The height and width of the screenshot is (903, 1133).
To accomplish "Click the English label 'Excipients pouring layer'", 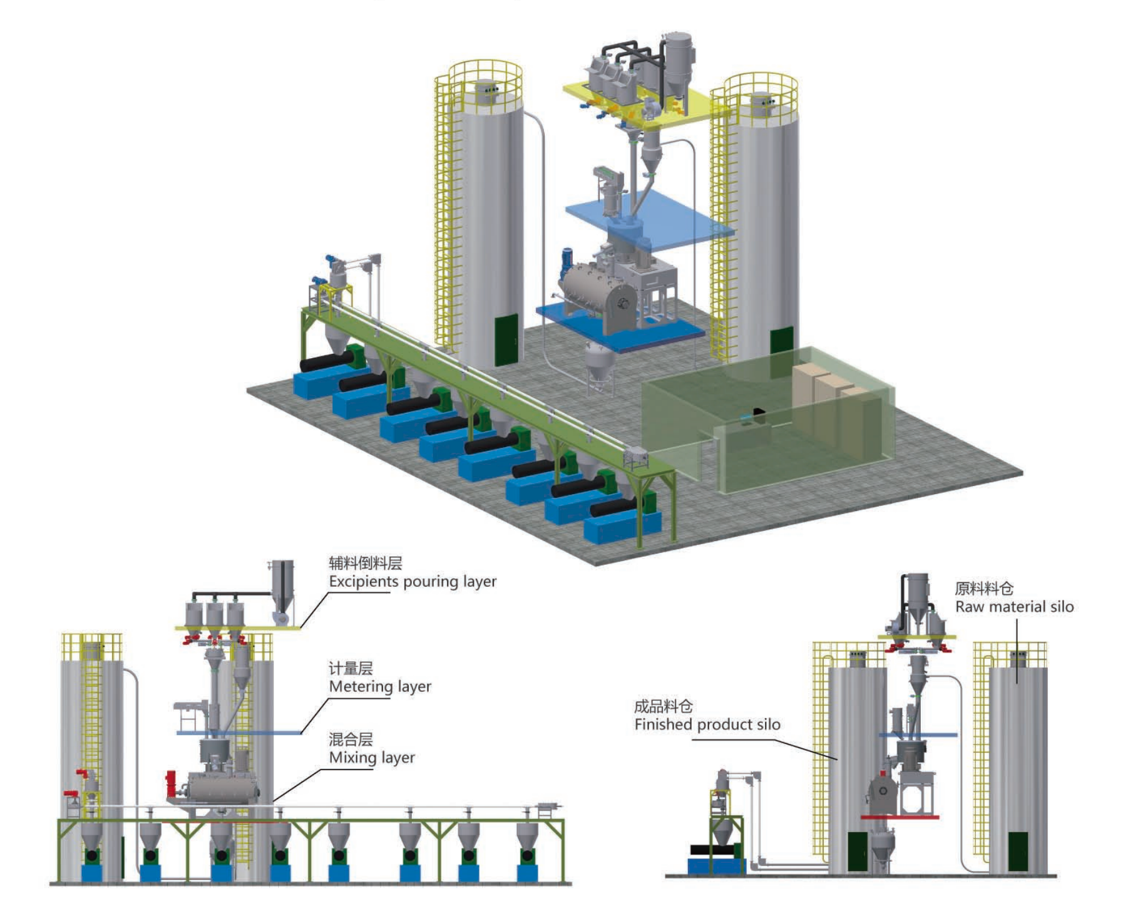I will (x=413, y=582).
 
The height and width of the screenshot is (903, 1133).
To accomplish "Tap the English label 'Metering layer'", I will (x=380, y=687).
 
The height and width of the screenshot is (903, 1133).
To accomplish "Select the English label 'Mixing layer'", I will (x=372, y=758).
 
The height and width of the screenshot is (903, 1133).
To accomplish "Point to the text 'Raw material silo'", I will (x=1014, y=607).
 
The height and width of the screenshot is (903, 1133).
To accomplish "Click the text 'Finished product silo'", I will (x=707, y=725).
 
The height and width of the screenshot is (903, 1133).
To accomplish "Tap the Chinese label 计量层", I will (x=351, y=669).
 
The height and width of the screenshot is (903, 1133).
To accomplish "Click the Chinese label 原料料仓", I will (x=983, y=589).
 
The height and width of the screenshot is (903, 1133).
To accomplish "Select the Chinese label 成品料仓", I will (x=663, y=707).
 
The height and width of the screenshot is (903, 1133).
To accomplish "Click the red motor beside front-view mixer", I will (x=170, y=783).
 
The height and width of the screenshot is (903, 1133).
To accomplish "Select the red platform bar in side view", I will (x=900, y=817).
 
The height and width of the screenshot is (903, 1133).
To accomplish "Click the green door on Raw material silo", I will (x=1018, y=852).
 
